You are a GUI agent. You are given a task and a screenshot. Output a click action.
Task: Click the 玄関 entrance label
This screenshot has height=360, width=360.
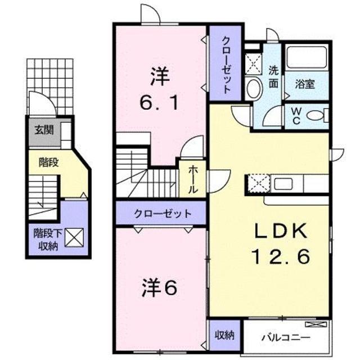[x=44, y=130]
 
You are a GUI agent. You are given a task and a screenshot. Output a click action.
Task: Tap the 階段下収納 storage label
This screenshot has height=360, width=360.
[x=48, y=240]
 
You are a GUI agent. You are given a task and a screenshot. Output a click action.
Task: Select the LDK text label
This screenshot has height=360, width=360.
[x=281, y=231]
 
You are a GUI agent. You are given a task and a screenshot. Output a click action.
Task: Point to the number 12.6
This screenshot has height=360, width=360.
[x=281, y=256]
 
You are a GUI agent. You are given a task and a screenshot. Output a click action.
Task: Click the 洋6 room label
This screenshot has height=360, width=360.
[x=160, y=289]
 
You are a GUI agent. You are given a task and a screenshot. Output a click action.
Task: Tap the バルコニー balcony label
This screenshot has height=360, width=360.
[x=286, y=337]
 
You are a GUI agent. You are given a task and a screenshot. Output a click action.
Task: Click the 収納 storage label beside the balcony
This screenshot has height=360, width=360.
[x=224, y=336]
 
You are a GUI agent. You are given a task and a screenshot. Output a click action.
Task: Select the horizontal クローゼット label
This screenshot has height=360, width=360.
[x=163, y=214]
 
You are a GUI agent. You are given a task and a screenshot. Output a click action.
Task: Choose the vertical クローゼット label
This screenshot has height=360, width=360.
[x=226, y=65]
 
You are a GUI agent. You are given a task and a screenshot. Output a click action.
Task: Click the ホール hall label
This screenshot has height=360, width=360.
[x=192, y=179]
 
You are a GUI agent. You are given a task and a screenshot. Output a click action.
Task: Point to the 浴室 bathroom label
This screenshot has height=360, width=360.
[x=305, y=84]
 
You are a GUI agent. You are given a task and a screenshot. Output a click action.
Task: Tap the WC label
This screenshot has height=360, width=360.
[x=296, y=116]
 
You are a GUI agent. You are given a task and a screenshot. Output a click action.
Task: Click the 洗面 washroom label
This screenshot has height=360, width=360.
[x=273, y=76]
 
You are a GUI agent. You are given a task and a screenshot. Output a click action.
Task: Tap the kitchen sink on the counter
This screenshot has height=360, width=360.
[x=283, y=184]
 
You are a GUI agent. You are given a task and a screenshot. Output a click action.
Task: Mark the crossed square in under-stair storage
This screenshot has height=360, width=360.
[x=74, y=237]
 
